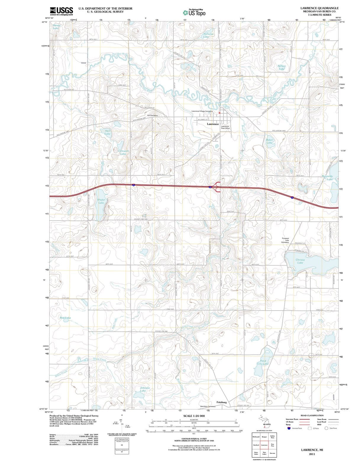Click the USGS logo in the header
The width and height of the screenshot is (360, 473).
(x=62, y=11)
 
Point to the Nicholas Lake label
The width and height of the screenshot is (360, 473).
(x=208, y=35)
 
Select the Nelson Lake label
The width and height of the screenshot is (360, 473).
(x=281, y=67)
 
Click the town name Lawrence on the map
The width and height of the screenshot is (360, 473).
(x=213, y=124)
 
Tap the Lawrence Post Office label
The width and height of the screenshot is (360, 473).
(x=225, y=127)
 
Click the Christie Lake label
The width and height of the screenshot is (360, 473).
(x=300, y=261)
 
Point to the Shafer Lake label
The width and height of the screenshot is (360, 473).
(x=101, y=201)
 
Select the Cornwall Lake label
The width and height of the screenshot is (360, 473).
(x=123, y=152)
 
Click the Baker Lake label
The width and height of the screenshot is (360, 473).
(x=269, y=141)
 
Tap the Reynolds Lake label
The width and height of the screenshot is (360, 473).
(x=327, y=178)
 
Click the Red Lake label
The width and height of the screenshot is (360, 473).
(x=65, y=318)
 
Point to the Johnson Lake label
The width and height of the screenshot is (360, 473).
(x=145, y=389)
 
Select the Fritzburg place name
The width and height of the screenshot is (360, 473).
(x=221, y=402)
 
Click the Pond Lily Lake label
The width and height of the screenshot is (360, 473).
(x=263, y=362)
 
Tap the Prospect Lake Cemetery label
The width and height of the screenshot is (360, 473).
(x=285, y=240)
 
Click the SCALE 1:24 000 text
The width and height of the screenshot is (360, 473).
(x=194, y=416)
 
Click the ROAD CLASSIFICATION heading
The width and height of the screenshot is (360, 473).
(x=312, y=415)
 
